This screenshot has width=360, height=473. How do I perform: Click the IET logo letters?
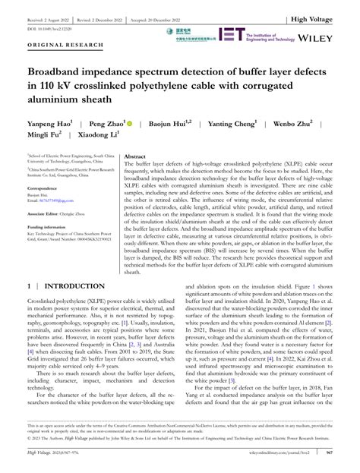pos(231,34)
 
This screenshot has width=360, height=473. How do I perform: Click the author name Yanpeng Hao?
pos(46,122)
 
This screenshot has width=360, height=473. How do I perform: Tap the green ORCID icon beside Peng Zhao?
pos(130,122)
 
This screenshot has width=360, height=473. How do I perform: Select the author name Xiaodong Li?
pos(98,137)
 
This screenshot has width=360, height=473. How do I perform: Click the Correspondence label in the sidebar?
pos(43,188)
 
